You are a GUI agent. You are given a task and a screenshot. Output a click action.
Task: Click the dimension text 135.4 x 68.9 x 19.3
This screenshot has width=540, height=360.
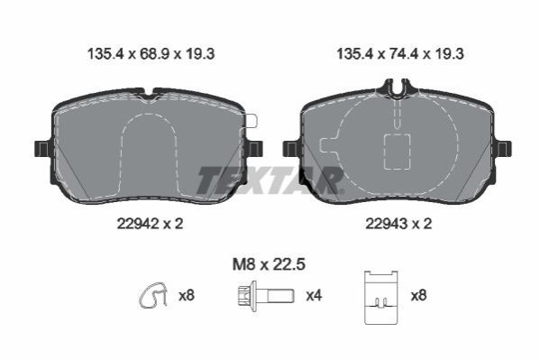click(151, 54)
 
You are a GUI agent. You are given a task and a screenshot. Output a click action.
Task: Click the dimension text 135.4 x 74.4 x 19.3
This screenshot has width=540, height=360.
click(400, 54)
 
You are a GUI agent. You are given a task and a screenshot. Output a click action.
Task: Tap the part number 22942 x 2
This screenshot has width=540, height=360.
click(151, 224)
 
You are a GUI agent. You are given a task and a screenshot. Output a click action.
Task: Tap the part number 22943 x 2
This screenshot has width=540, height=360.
click(398, 224)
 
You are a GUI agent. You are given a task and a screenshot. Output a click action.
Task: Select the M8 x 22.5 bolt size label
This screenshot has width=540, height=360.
click(269, 265)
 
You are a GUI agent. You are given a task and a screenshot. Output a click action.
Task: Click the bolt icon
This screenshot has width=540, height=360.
click(266, 296)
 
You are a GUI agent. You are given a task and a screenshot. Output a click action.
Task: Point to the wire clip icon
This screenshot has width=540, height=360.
click(153, 296)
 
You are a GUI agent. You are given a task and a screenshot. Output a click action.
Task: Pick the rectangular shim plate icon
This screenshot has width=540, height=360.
click(381, 298)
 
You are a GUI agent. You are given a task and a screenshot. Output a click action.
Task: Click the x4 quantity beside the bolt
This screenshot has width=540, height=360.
click(314, 296)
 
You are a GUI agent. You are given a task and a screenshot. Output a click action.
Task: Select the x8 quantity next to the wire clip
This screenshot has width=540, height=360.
click(187, 296)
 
